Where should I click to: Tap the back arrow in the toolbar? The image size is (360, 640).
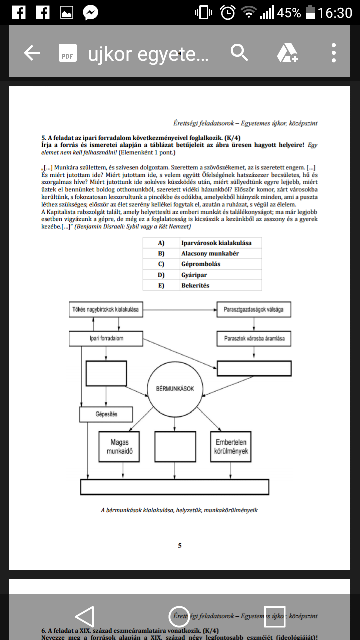click(x=32, y=53)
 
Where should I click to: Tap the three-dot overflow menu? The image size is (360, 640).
click(x=333, y=53)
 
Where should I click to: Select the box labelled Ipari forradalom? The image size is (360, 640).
click(x=106, y=338)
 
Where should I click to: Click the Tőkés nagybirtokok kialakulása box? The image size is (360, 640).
click(x=106, y=309)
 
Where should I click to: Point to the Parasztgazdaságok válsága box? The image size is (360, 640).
click(x=254, y=309)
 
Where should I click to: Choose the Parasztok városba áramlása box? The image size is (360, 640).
click(x=254, y=338)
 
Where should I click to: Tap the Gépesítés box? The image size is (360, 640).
click(x=106, y=414)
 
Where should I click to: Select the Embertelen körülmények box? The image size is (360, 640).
click(x=230, y=446)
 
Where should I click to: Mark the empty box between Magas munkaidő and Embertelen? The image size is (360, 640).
click(x=175, y=446)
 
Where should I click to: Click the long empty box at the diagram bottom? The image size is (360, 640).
click(x=175, y=487)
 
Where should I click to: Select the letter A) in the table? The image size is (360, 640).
click(x=161, y=243)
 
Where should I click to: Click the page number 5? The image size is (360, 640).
click(x=180, y=545)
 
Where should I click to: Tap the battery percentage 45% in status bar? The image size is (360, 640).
click(x=289, y=13)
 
